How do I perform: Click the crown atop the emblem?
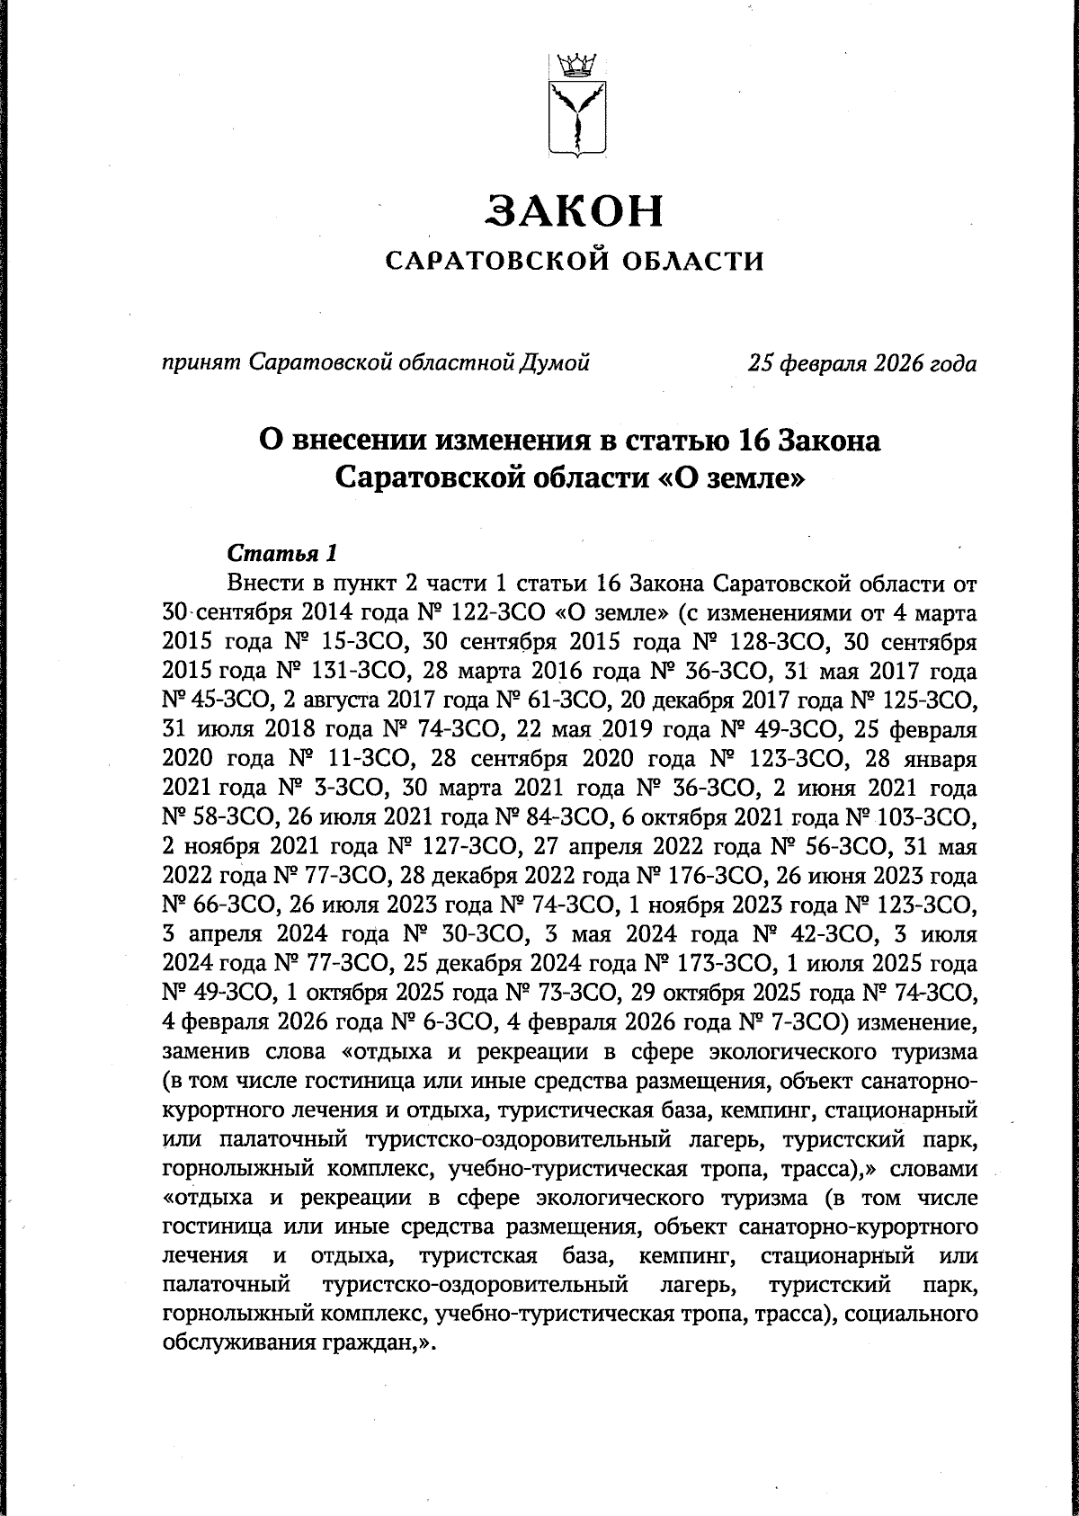click(573, 65)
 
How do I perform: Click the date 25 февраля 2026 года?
click(862, 363)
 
